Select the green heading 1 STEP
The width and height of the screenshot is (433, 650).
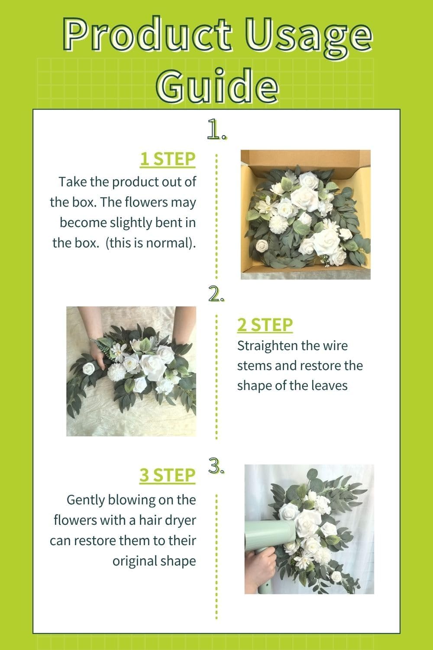click(167, 159)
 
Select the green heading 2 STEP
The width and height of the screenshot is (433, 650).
click(265, 325)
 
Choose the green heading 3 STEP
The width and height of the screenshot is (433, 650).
click(167, 475)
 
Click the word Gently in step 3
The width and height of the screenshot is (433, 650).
click(86, 500)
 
